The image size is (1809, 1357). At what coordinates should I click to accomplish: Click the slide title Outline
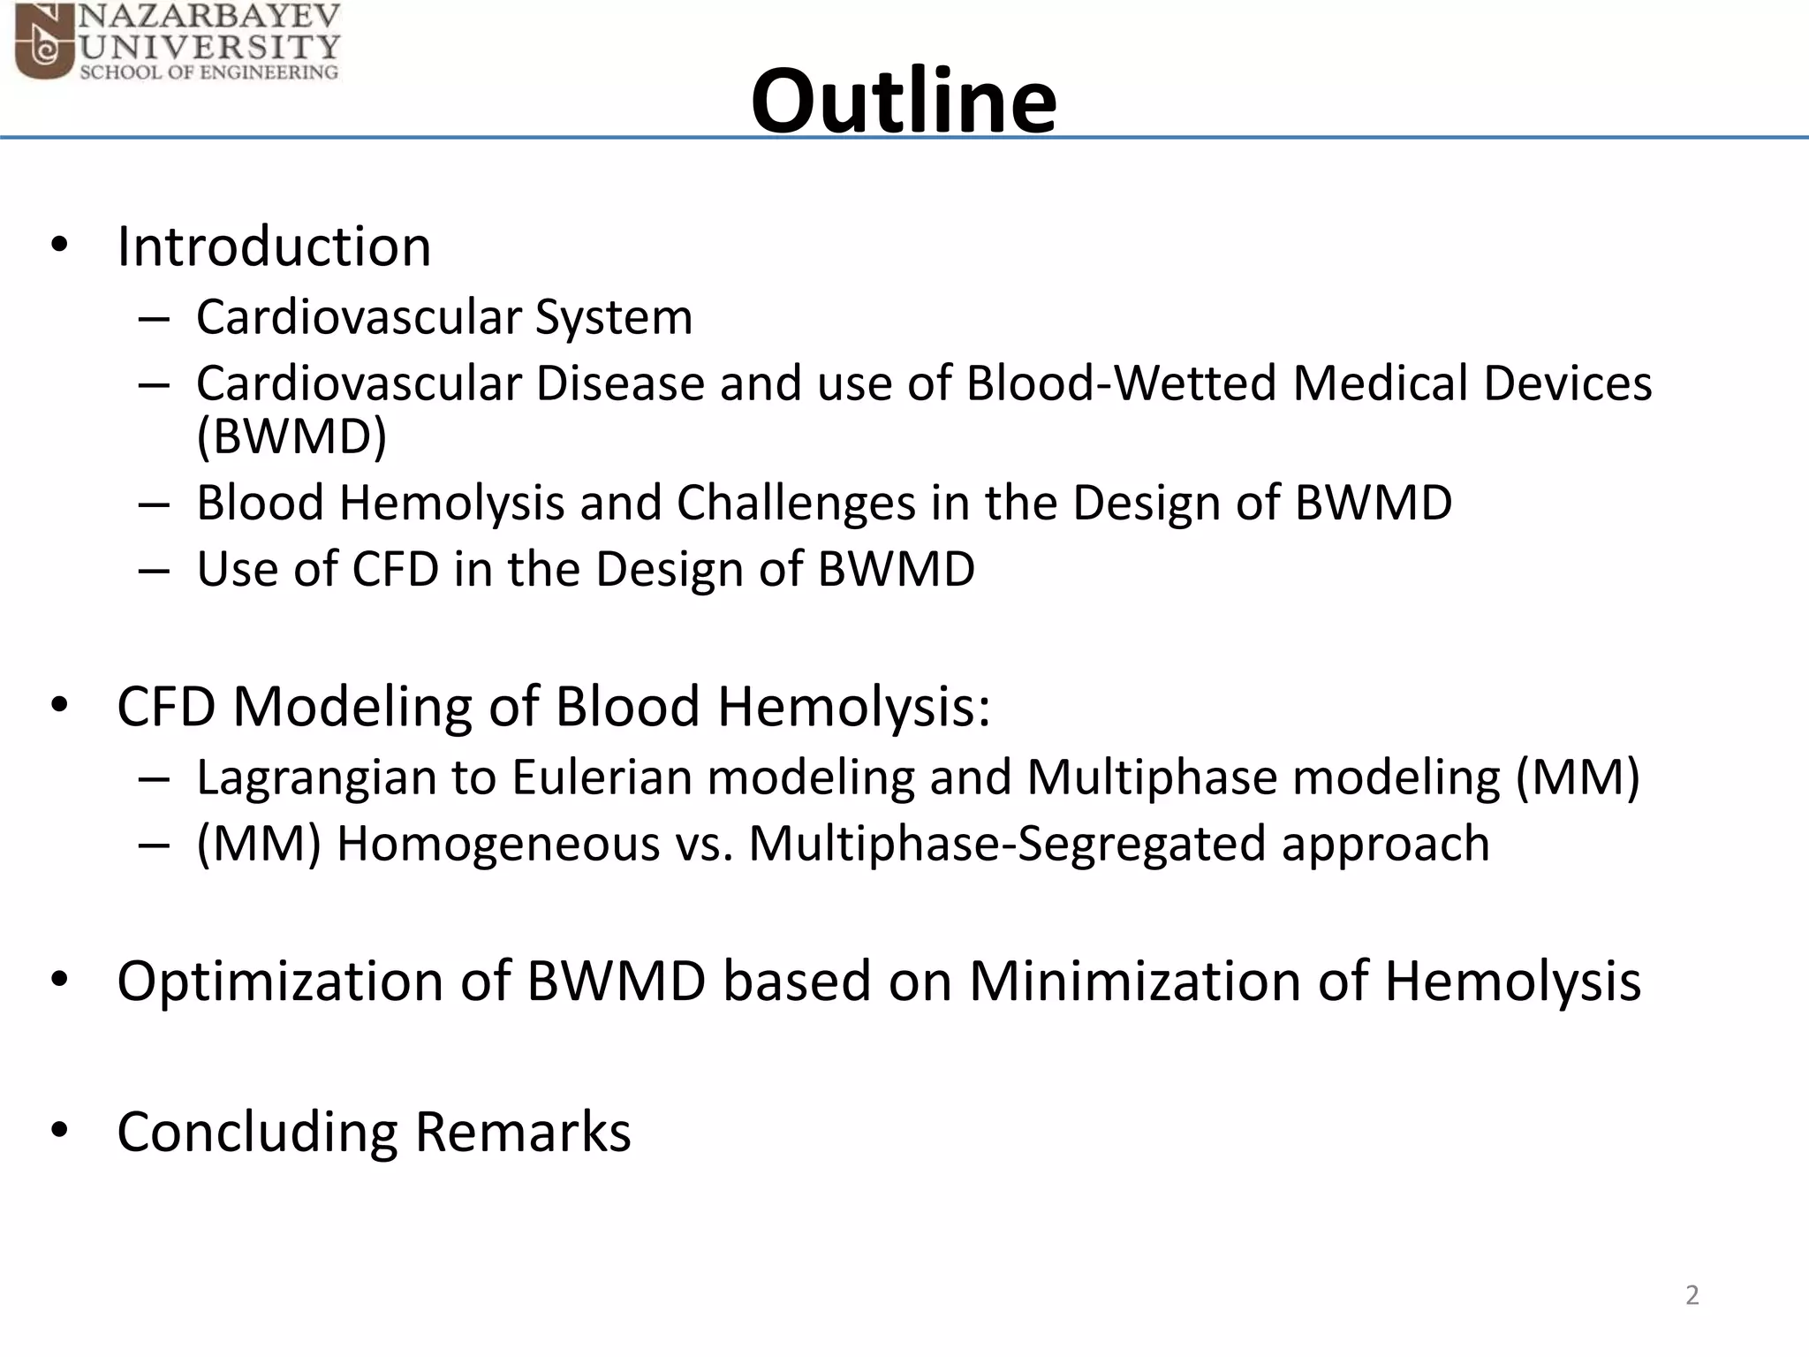[903, 101]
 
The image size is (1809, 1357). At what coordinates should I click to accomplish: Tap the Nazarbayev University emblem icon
[44, 42]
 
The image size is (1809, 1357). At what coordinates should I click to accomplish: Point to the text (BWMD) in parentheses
[291, 436]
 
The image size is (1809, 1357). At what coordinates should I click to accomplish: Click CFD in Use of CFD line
[395, 569]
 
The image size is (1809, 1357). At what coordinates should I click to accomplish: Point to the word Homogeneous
[498, 844]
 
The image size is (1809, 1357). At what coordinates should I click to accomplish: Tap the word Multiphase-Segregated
[1007, 844]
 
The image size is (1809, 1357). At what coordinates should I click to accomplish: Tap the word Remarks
[523, 1132]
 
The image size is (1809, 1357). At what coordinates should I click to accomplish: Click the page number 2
[1692, 1295]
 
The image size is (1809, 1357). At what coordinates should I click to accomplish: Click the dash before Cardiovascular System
[154, 318]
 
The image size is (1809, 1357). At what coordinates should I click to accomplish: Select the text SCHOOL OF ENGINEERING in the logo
[209, 72]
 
